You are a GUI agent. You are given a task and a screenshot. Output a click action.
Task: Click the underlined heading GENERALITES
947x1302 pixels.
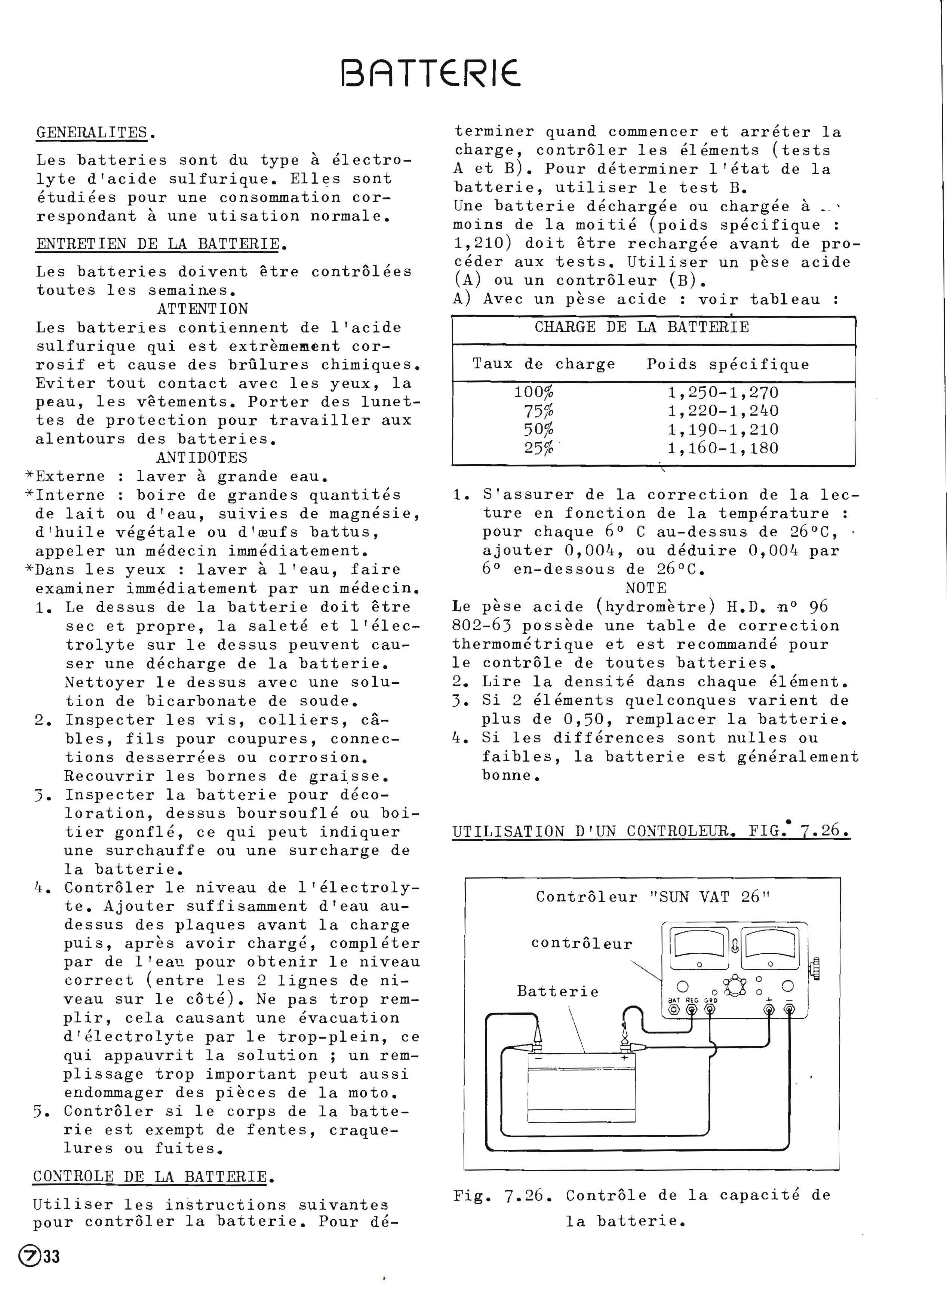coord(92,133)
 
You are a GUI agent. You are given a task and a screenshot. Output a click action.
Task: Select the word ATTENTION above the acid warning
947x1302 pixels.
coord(203,309)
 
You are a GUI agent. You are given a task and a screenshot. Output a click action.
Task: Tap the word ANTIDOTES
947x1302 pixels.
coord(202,457)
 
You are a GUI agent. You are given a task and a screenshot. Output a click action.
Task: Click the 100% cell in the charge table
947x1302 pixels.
coord(534,393)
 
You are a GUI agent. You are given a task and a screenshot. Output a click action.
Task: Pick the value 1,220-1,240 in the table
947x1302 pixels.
coord(723,411)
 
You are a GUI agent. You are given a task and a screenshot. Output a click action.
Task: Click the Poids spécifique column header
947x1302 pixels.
coord(728,364)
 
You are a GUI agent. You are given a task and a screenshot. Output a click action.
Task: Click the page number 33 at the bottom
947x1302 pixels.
coord(51,1257)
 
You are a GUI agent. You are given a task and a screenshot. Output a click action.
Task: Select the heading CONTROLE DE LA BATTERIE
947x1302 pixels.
coord(150,1176)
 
